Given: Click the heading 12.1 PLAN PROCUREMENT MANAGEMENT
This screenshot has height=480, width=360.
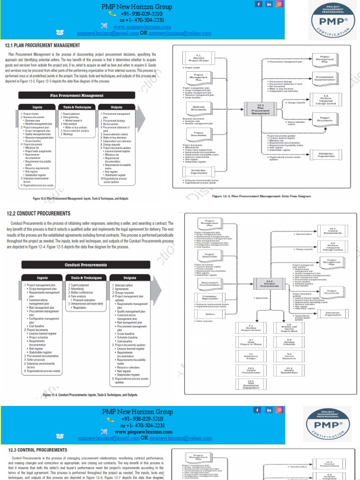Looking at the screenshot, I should pos(43,45).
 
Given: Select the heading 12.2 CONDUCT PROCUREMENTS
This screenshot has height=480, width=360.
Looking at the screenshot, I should pos(39,214).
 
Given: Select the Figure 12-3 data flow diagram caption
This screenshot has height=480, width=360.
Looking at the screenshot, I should pos(262,196).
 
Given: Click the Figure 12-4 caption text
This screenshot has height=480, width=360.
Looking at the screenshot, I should pos(90,395).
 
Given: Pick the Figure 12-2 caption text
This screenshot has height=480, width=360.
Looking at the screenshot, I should pos(80,198).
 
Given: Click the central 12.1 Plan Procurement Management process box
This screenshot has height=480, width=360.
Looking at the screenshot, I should pos(261,110).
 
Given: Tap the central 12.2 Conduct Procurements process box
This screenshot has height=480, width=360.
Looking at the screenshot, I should pos(270,284).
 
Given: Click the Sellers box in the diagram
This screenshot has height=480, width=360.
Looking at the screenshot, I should pos(210,314).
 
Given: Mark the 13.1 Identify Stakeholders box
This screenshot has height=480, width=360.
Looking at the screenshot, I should pos(289,370).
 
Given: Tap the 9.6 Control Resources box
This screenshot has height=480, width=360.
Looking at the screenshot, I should pos(289,356).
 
